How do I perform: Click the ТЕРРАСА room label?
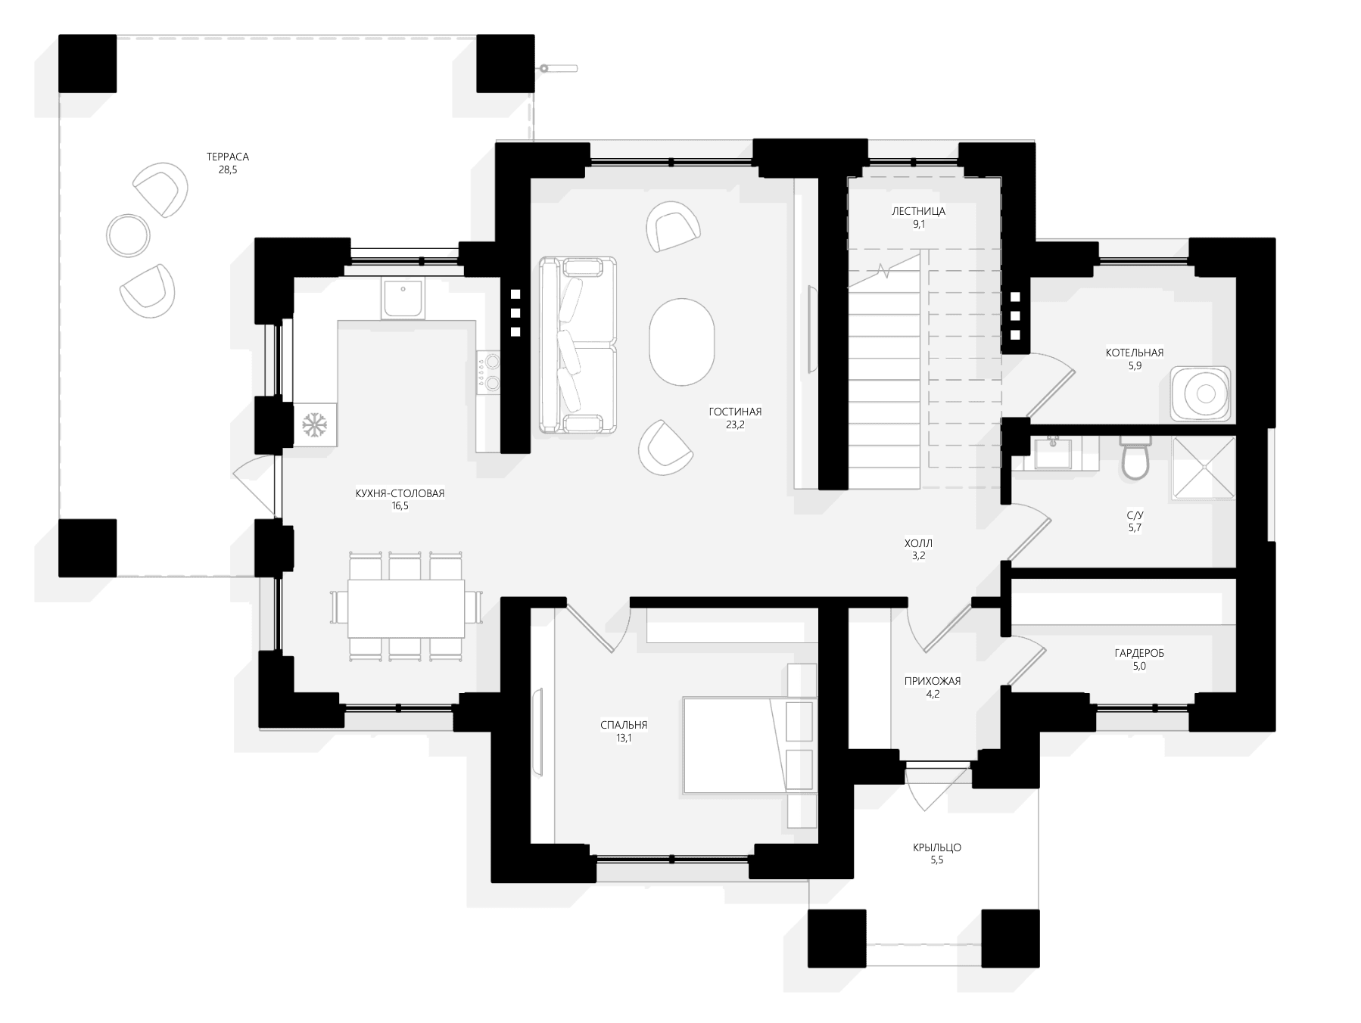click(x=227, y=157)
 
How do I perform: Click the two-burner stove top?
click(x=489, y=372)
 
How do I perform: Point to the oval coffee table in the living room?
click(x=681, y=343)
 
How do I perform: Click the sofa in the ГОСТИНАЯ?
click(x=578, y=345)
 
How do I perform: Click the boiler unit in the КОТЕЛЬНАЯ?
click(x=1200, y=393)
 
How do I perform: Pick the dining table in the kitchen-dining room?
click(x=406, y=608)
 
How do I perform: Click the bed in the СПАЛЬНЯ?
click(x=749, y=745)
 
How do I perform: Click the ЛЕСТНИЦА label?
click(x=918, y=212)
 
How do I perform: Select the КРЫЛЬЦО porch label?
click(x=936, y=847)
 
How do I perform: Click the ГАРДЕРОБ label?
click(x=1138, y=653)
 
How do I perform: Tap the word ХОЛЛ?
click(x=918, y=543)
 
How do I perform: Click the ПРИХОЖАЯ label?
click(x=932, y=681)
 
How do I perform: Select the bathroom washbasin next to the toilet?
click(x=1052, y=455)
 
